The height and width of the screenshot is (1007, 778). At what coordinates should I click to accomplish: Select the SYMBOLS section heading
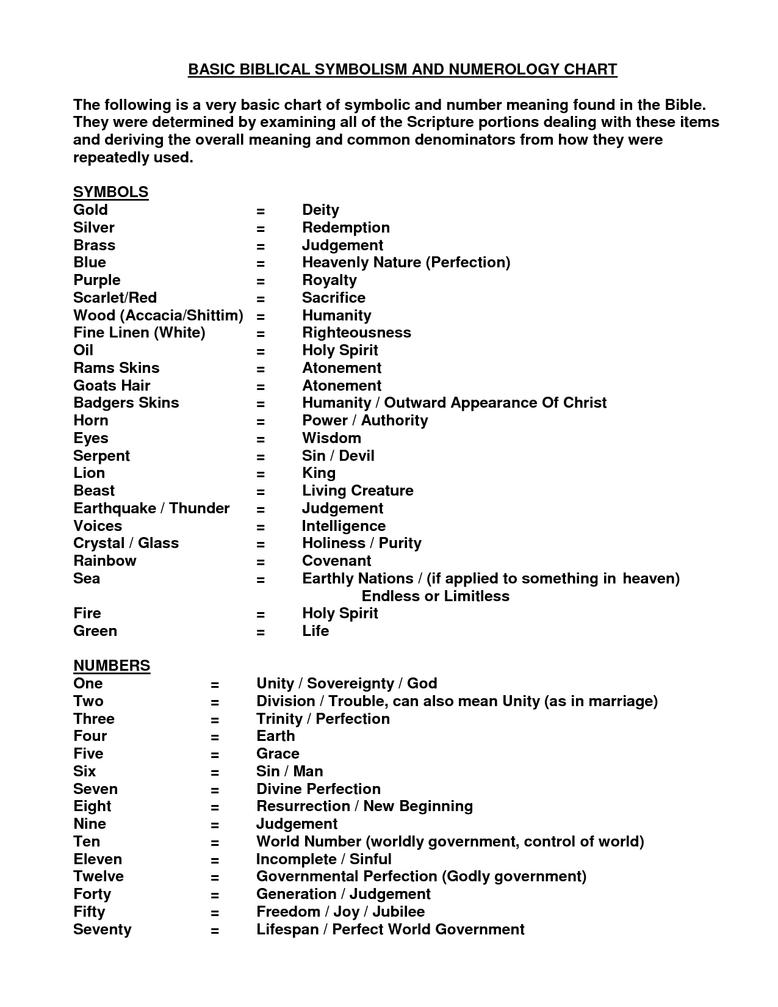pos(110,192)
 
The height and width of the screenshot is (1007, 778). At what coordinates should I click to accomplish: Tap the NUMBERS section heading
pos(112,666)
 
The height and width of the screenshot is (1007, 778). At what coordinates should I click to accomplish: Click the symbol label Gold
pos(90,210)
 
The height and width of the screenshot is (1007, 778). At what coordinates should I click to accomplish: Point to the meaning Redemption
pos(345,228)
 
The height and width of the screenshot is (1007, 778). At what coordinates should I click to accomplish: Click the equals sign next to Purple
pos(261,281)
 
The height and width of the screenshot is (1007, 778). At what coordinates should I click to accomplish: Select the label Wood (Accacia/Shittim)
pos(158,316)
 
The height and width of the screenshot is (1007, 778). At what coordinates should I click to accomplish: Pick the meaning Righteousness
pos(356,333)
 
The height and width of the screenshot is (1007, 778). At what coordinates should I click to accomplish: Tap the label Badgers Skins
pos(126,403)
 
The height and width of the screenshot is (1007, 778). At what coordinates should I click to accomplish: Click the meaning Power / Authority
pos(365,420)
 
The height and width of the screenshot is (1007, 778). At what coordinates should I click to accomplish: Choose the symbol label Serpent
pos(101,456)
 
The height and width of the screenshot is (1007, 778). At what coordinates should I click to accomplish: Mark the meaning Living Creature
pos(358,491)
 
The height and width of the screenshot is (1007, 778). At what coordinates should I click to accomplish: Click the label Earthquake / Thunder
pos(151,508)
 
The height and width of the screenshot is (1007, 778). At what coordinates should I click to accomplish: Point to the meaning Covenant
pos(336,561)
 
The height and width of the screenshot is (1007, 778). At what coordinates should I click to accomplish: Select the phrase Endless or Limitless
pos(435,596)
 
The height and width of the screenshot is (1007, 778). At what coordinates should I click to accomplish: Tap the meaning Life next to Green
pos(315,631)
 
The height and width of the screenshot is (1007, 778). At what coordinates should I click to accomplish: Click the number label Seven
pos(95,789)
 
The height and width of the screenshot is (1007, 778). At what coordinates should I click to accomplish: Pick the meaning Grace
pos(278,754)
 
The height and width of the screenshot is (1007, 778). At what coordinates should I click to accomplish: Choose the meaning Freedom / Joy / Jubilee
pos(340,912)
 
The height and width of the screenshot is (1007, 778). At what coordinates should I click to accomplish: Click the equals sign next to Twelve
pos(215,878)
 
